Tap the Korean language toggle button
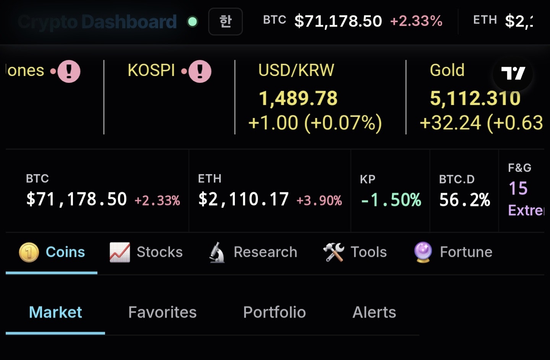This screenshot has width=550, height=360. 225,21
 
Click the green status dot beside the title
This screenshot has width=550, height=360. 192,22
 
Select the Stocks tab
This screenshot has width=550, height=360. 146,252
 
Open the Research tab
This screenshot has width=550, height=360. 253,252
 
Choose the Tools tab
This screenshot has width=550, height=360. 355,252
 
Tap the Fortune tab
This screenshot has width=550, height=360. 453,252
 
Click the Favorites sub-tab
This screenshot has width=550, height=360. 162,312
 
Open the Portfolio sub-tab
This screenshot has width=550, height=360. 274,312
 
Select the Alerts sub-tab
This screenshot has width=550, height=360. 374,312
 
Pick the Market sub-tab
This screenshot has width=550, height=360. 55,312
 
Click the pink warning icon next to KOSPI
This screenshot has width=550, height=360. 200,71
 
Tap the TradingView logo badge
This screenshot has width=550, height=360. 513,73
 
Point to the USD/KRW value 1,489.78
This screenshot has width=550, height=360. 298,98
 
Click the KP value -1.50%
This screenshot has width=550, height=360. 391,200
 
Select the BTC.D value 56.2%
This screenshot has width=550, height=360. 464,200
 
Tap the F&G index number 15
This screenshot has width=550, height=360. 518,188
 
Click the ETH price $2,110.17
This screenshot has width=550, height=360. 243,199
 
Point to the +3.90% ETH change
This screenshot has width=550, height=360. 319,200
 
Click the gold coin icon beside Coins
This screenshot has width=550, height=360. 29,252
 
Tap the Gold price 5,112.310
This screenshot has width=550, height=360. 475,98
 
